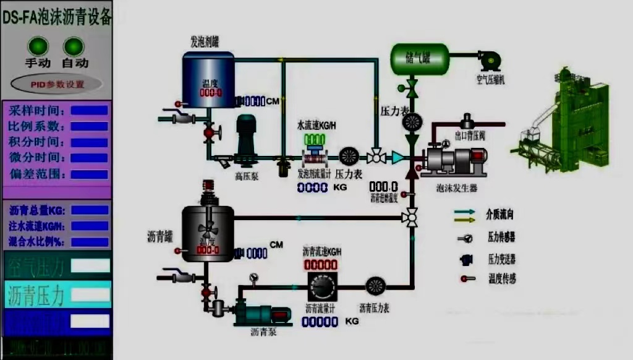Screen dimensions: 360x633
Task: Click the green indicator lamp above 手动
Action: point(38,46)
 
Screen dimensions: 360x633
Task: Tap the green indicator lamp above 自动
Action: point(74,46)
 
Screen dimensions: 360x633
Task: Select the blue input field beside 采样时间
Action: point(90,111)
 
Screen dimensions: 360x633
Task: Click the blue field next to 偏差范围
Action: point(90,174)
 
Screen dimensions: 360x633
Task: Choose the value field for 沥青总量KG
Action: point(90,210)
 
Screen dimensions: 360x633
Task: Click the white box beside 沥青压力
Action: point(90,294)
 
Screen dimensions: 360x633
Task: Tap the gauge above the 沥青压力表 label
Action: point(376,286)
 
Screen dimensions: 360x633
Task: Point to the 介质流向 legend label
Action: point(501,215)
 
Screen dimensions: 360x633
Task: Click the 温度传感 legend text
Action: point(501,279)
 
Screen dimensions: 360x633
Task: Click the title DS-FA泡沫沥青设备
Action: point(57,18)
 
